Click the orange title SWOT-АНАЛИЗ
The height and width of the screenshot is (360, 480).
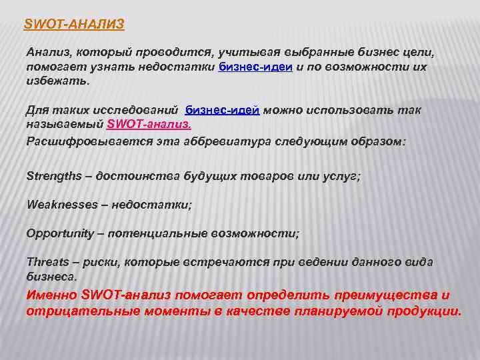(74, 25)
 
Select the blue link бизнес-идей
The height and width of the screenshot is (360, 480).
(223, 110)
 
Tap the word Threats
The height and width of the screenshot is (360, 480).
(46, 262)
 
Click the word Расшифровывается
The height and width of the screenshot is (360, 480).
(77, 141)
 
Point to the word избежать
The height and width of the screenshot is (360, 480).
(57, 81)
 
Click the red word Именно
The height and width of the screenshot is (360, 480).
(51, 295)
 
